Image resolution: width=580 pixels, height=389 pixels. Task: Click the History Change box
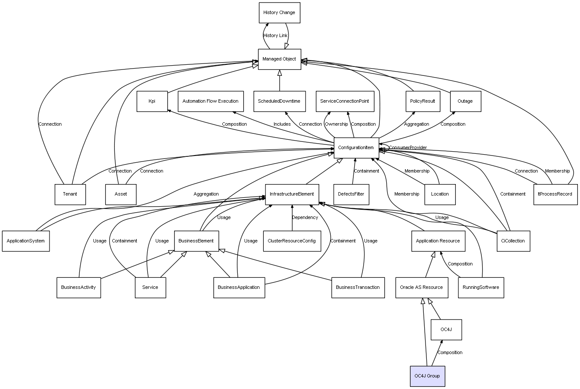coord(279,13)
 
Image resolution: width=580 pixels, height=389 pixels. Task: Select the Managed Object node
coord(279,59)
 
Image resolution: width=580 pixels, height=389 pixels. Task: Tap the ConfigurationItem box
coord(356,148)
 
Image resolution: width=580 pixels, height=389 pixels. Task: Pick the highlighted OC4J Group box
coord(427,376)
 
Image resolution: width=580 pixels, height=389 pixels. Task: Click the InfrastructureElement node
coord(291,194)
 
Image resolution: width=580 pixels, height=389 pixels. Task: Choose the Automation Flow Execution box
coord(210,101)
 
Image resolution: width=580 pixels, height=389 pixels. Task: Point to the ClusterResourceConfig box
coord(291,241)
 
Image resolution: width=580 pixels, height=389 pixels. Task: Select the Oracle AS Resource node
coord(421,287)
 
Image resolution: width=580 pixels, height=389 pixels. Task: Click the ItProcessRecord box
coord(555,194)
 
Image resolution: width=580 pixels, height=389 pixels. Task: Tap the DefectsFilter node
coord(351,194)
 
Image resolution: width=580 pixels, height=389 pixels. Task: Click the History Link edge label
coord(275,36)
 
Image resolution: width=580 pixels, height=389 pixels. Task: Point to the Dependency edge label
coord(305,218)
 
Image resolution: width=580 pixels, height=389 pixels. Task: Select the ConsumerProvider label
coord(408,148)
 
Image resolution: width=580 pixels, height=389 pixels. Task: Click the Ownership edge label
coord(336,124)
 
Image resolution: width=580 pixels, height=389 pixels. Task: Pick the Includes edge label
coord(282,124)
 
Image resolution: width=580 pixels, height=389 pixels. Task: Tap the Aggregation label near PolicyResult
coord(417,124)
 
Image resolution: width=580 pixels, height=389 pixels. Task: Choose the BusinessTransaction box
coord(358,287)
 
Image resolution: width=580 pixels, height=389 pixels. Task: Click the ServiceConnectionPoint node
coord(344,101)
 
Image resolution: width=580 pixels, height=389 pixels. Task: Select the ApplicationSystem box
coord(26,241)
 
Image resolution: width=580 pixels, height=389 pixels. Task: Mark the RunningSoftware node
coord(481,287)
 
